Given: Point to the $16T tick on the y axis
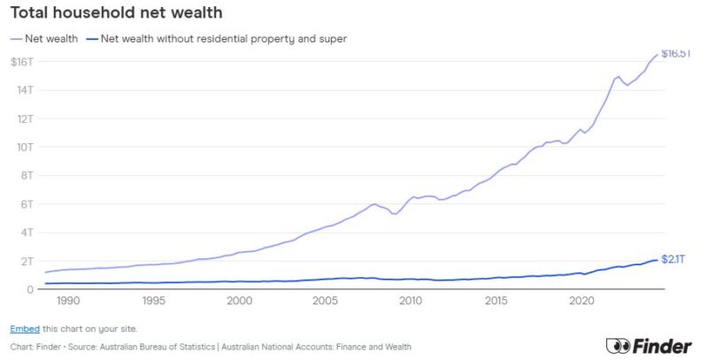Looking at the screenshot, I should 22,61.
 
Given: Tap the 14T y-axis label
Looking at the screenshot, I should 25,90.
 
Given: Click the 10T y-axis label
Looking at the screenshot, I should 25,147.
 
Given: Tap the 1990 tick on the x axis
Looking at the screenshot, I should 69,302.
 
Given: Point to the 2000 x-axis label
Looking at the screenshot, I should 240,302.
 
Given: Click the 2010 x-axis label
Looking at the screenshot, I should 411,302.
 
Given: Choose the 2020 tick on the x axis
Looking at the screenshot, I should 581,302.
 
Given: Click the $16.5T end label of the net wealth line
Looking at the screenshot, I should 677,54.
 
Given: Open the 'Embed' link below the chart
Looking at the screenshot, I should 24,328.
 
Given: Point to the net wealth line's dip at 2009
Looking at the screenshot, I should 394,214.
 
